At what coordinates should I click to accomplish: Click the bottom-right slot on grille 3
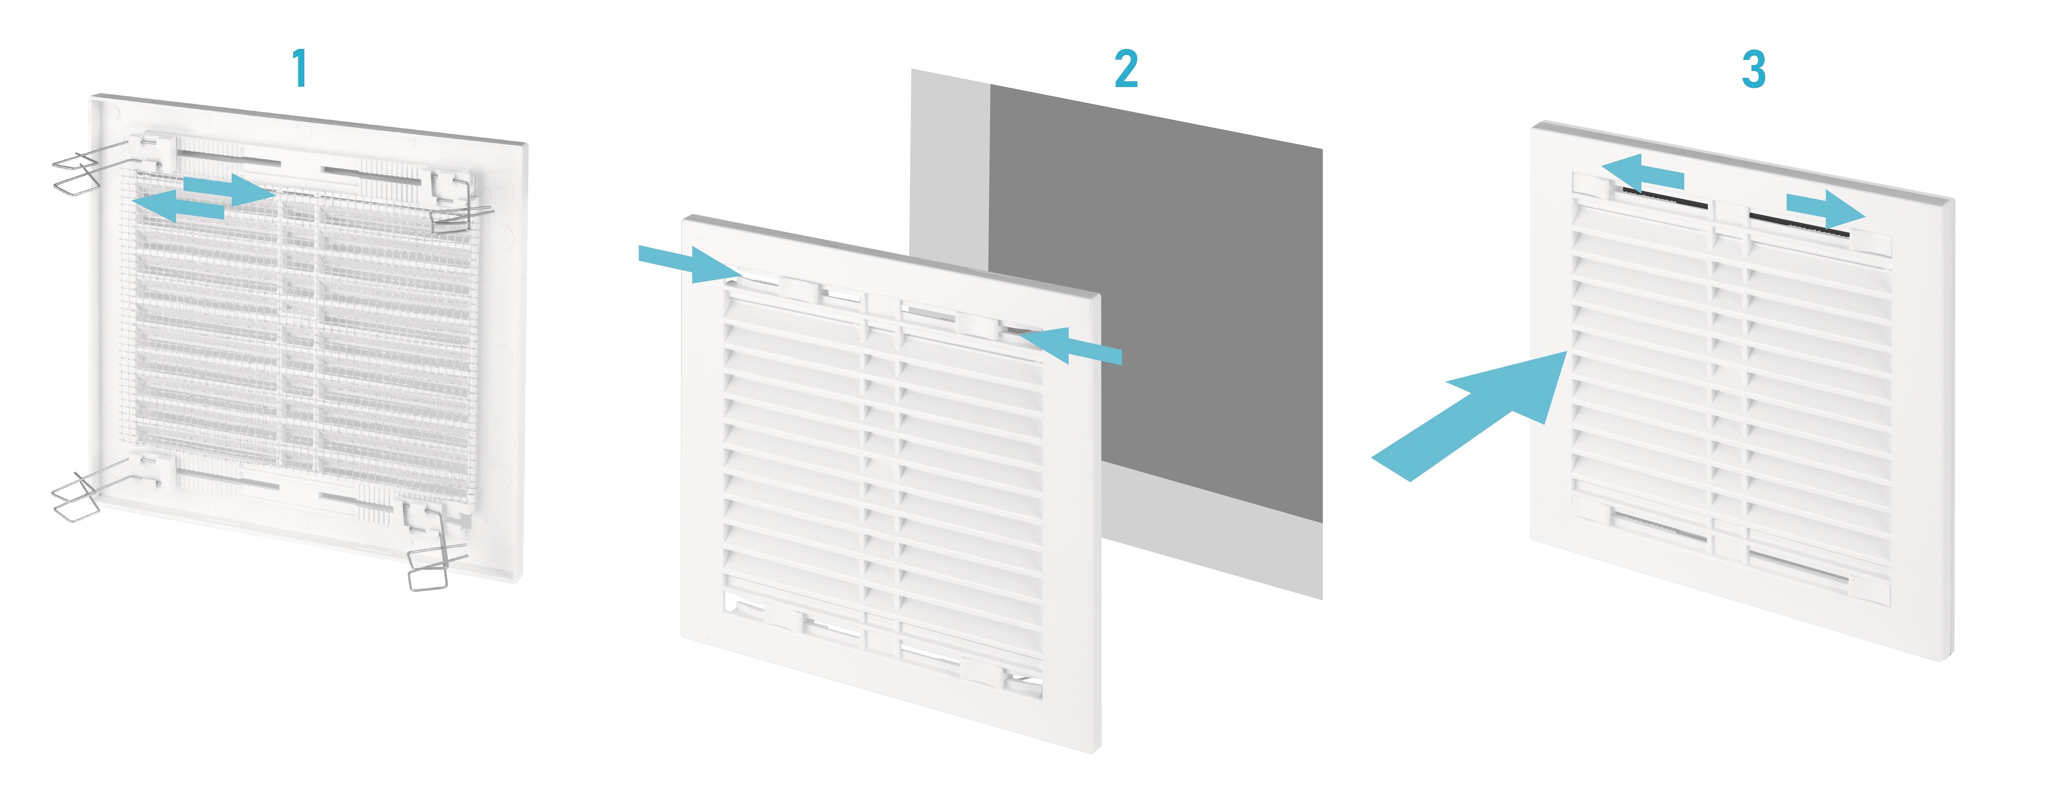click(x=1798, y=568)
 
